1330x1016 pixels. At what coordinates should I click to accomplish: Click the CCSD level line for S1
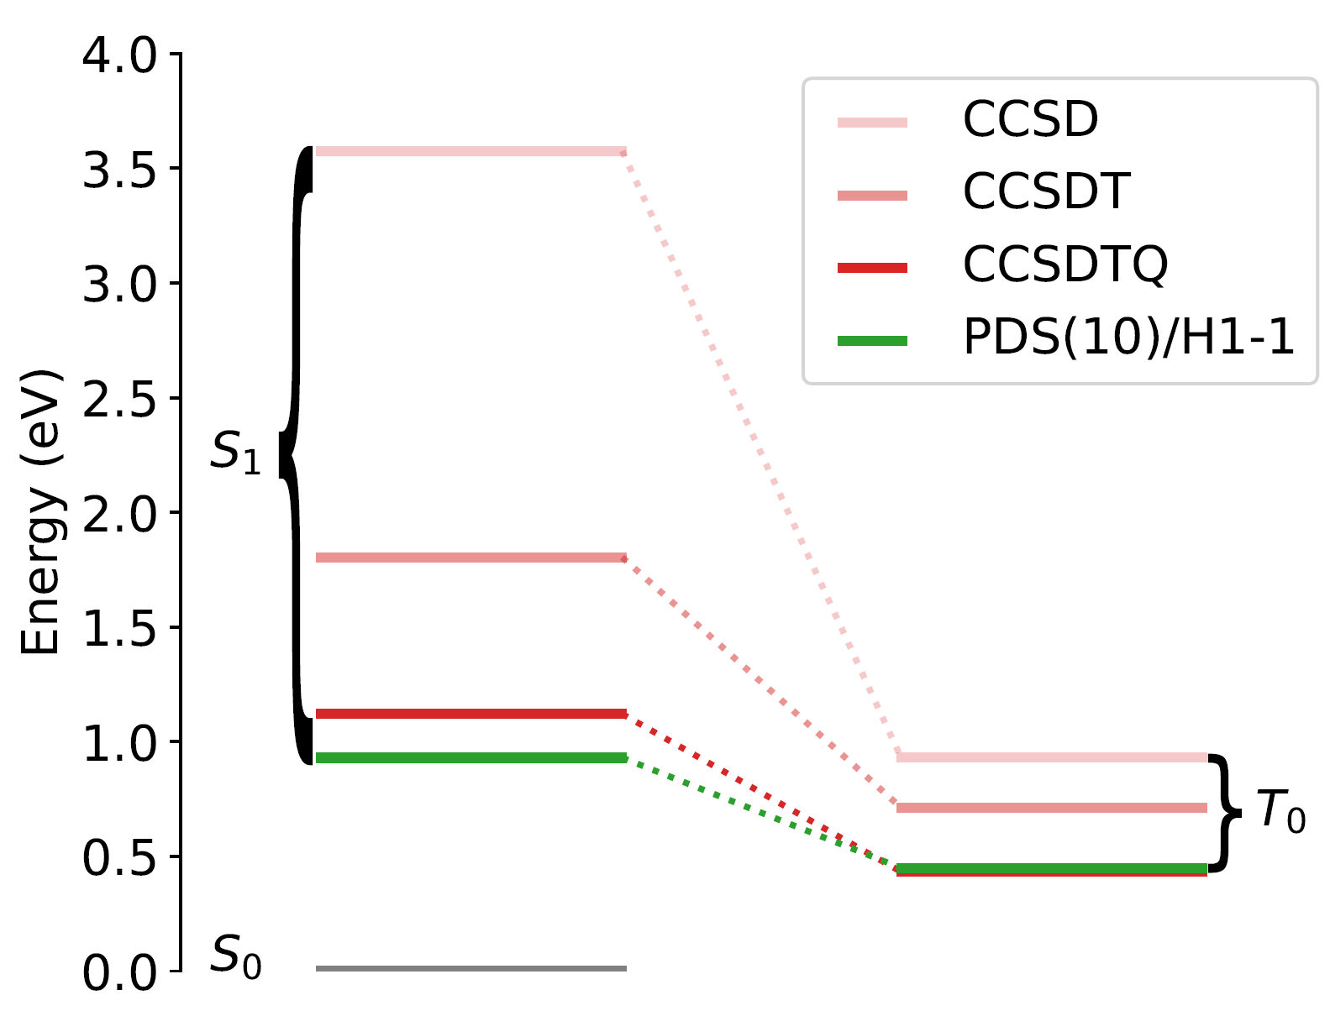point(470,152)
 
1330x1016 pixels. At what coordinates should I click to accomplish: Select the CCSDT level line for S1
point(470,558)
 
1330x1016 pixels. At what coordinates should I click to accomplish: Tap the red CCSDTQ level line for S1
point(470,714)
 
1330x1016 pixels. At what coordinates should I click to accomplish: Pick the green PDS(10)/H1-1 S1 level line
point(470,758)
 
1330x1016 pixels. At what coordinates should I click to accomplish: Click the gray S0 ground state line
point(470,968)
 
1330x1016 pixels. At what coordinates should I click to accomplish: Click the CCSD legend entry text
point(1030,119)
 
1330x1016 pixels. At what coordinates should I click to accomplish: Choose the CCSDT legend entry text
point(1046,192)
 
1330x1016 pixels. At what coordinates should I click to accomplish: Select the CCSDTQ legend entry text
point(1065,264)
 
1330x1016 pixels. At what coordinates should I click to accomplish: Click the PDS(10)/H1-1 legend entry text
point(1128,338)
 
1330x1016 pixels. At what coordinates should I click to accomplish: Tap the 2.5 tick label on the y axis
point(119,400)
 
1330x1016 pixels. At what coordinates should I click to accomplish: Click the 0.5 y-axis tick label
point(119,858)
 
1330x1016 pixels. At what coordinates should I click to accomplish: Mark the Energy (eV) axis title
point(40,512)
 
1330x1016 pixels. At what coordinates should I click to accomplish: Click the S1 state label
point(236,453)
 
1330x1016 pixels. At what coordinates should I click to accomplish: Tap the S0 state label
point(236,956)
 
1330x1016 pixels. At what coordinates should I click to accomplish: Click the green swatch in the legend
point(872,341)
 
